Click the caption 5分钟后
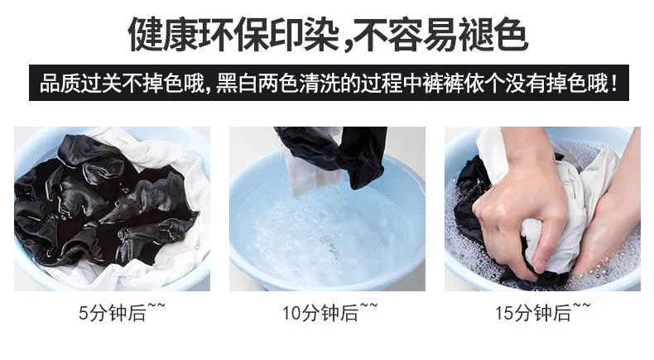[x=113, y=313]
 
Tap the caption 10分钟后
[x=320, y=313]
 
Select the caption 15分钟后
[x=533, y=313]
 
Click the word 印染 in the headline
[x=304, y=35]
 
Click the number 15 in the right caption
[x=505, y=314]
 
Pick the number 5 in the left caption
[x=84, y=314]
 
